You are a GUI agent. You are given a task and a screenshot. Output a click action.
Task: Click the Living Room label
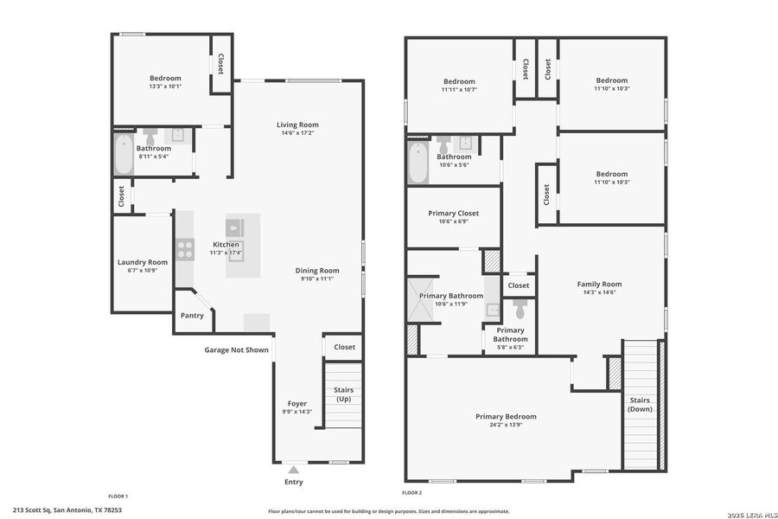point(297,125)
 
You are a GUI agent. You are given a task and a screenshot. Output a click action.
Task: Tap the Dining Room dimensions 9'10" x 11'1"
point(317,279)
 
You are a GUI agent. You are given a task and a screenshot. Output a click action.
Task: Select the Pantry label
point(192,316)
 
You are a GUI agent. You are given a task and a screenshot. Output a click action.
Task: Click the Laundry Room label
point(143,262)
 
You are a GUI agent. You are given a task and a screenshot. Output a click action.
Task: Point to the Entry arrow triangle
point(293,470)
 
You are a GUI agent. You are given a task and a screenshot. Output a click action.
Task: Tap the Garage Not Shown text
point(236,350)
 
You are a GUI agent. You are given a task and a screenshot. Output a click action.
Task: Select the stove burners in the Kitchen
point(185,250)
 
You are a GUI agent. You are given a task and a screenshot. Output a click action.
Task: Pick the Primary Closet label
point(453,213)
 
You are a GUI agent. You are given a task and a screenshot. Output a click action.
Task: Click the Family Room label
point(599,284)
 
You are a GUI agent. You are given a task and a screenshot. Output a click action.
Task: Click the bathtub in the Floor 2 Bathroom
point(418,163)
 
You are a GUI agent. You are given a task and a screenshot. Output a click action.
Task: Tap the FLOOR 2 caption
point(410,493)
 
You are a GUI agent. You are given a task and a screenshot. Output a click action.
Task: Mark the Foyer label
point(297,403)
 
